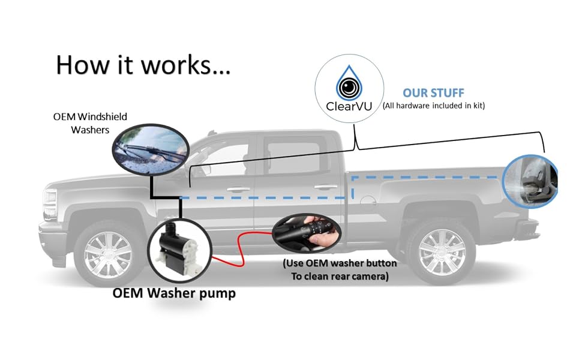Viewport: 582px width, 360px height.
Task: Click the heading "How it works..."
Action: pos(143,65)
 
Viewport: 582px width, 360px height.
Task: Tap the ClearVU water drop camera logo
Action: pos(349,83)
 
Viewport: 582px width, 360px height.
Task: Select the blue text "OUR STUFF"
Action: pos(434,93)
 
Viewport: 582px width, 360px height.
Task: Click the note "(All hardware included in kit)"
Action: pos(434,106)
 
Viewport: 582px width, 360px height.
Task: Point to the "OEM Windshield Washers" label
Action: pos(90,123)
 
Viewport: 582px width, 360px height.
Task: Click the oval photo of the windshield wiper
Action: pos(151,149)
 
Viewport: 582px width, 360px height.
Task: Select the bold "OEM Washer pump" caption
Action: pos(174,293)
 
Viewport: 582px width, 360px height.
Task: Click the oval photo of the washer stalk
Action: pos(307,233)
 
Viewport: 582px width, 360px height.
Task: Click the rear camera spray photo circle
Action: pos(530,181)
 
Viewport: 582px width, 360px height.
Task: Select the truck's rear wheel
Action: pos(442,253)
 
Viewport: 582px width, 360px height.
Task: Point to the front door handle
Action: pos(238,190)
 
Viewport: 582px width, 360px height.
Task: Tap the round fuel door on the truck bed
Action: pos(368,201)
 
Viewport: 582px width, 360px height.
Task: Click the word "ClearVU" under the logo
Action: pos(349,107)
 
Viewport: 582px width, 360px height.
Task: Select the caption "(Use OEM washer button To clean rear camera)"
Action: pos(340,270)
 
